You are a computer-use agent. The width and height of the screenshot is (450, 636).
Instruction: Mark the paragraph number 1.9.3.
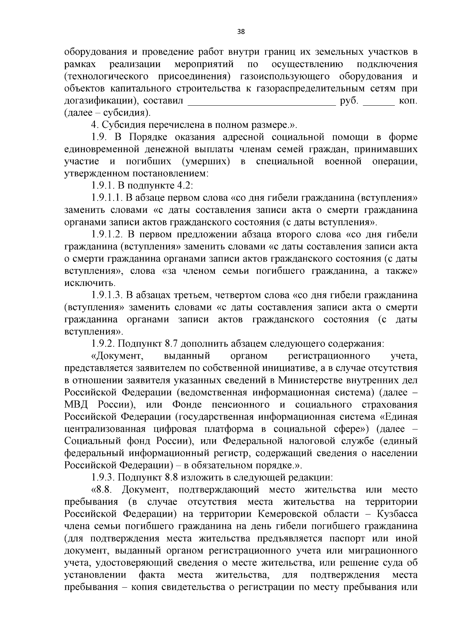[103, 477]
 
